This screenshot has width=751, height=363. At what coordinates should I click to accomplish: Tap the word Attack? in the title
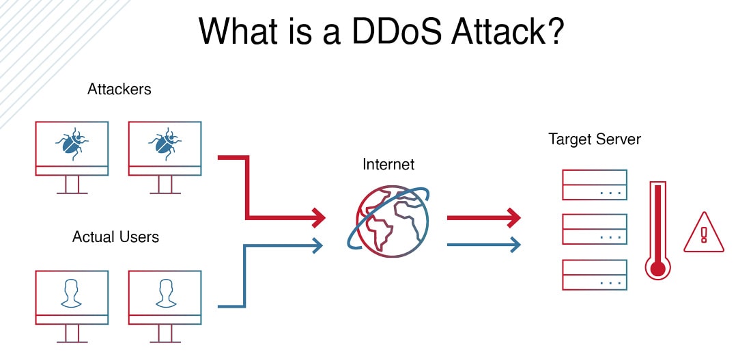pyautogui.click(x=515, y=31)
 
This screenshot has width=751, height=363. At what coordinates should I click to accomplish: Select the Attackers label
pyautogui.click(x=119, y=89)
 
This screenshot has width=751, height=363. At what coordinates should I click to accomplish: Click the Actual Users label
pyautogui.click(x=115, y=237)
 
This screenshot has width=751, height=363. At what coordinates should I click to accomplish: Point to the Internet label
pyautogui.click(x=388, y=165)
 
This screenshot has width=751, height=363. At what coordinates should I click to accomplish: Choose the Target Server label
pyautogui.click(x=595, y=140)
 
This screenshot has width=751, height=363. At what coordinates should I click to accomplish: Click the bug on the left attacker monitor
pyautogui.click(x=72, y=143)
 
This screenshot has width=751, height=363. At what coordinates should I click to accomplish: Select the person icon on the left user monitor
pyautogui.click(x=72, y=292)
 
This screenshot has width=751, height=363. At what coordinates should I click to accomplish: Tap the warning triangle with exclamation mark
pyautogui.click(x=703, y=233)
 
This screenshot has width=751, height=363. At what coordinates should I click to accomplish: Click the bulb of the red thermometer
pyautogui.click(x=657, y=269)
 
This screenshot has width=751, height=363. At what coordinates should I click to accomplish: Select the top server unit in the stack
pyautogui.click(x=594, y=185)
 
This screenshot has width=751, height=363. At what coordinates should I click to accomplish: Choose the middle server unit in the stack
pyautogui.click(x=594, y=229)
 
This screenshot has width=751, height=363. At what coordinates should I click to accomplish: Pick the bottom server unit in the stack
pyautogui.click(x=594, y=273)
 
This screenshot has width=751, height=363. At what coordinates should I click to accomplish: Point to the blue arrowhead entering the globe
pyautogui.click(x=318, y=244)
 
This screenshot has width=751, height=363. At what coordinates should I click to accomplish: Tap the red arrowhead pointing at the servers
pyautogui.click(x=514, y=218)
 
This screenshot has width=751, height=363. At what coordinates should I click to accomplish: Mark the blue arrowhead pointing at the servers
pyautogui.click(x=515, y=243)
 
